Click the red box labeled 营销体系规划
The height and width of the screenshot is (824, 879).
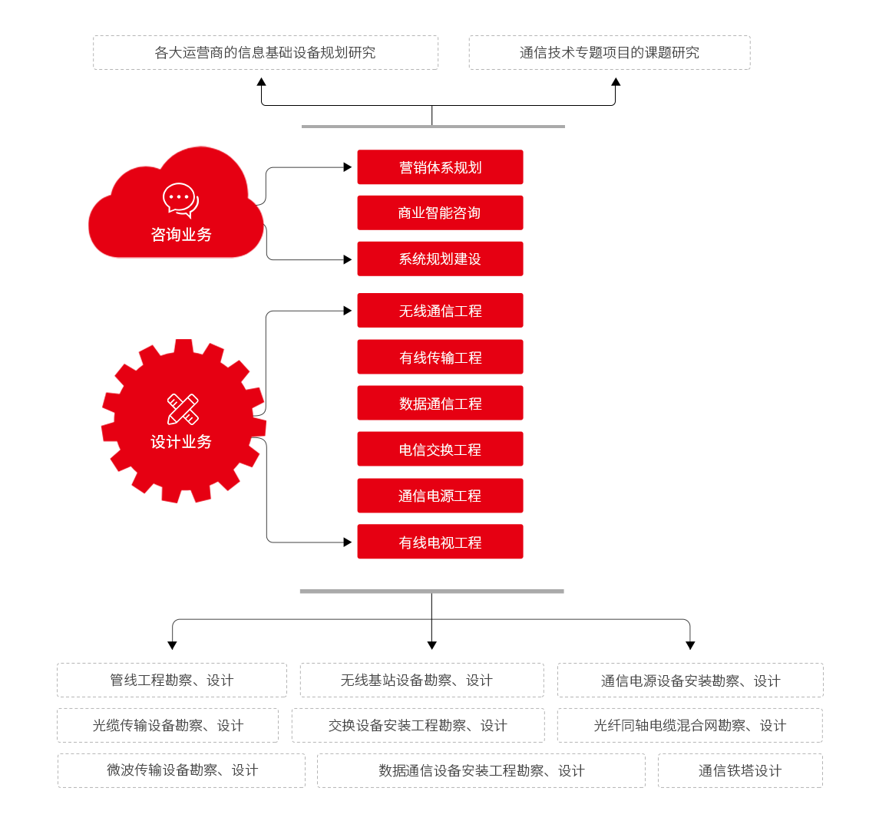(440, 167)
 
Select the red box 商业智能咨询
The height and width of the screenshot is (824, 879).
(440, 213)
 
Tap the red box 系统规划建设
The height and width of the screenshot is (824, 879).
(440, 259)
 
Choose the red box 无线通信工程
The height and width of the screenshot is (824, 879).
(440, 311)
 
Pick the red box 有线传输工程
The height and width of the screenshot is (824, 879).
(440, 358)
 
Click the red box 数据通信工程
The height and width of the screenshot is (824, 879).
(440, 404)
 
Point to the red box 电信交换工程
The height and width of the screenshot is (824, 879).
(440, 450)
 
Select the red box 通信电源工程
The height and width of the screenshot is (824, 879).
(440, 496)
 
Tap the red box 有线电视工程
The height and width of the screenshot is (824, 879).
(440, 542)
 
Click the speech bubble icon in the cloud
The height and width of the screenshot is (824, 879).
(180, 199)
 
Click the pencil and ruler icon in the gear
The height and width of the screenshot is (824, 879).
(183, 409)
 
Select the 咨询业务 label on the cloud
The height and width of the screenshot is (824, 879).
(181, 235)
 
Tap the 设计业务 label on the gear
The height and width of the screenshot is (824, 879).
(181, 442)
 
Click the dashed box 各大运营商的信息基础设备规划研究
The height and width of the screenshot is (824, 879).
(266, 53)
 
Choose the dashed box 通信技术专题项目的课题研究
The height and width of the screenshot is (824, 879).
(610, 53)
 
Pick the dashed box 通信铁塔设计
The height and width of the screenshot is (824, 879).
(740, 771)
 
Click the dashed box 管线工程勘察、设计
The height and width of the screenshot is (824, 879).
(172, 681)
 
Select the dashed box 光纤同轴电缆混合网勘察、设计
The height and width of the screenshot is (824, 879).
(689, 726)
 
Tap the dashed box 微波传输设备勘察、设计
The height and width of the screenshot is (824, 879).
(182, 770)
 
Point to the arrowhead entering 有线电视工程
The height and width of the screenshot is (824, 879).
(348, 542)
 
